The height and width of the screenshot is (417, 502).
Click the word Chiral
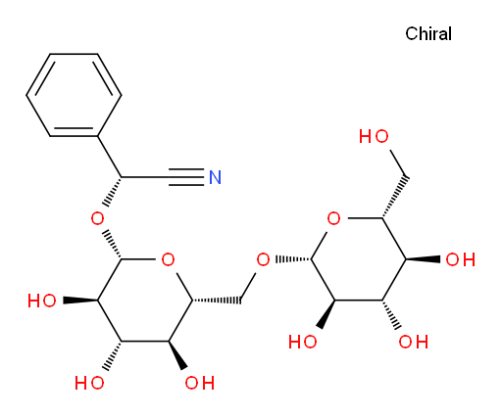(428, 33)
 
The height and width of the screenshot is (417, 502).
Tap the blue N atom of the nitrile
(215, 177)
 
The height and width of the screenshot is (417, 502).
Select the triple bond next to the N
(186, 177)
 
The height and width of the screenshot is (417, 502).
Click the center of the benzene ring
(74, 95)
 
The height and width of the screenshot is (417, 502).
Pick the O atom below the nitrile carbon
(97, 218)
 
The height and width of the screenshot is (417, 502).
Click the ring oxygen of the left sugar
(168, 259)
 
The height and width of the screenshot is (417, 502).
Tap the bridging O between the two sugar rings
(263, 259)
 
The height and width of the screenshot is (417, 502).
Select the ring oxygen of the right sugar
(333, 218)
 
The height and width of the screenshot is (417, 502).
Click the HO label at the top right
(374, 136)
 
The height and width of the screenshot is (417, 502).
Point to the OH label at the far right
(461, 259)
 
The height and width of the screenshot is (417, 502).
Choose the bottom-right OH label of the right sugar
(414, 342)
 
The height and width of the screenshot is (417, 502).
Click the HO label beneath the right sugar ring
(303, 342)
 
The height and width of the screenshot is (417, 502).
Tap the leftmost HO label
(42, 301)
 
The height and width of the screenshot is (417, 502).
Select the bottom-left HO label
(89, 383)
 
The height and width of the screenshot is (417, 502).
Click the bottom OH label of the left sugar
(200, 383)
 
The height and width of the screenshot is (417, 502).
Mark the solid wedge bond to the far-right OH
(424, 259)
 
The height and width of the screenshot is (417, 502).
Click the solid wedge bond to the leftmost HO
(80, 301)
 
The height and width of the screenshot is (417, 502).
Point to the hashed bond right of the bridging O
(294, 259)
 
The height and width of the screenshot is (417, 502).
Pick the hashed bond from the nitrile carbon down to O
(113, 192)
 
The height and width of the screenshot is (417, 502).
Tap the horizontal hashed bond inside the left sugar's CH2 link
(217, 301)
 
